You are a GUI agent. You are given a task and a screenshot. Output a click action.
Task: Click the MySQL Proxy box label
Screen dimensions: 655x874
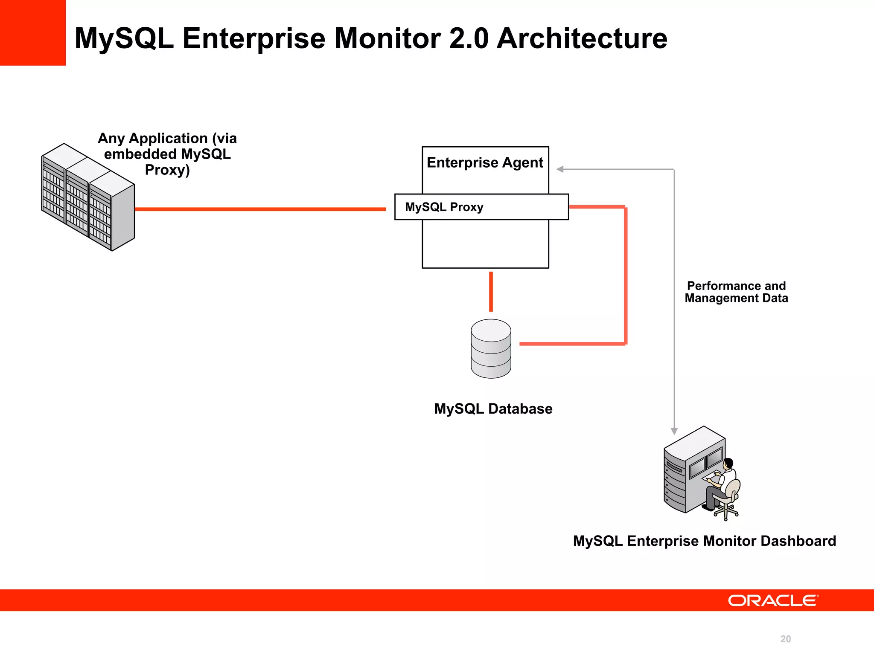point(444,207)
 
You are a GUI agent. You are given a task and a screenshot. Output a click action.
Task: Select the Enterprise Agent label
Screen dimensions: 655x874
point(485,162)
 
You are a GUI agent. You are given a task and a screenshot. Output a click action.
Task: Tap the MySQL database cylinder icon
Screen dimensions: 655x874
point(491,349)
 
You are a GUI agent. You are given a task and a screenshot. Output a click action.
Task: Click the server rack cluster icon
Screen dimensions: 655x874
point(88,197)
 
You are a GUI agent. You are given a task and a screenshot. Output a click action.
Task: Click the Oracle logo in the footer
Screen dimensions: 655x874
point(773,600)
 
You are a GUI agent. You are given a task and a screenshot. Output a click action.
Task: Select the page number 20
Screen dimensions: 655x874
point(785,639)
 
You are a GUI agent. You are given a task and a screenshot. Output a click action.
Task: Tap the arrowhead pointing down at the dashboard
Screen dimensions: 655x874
point(674,431)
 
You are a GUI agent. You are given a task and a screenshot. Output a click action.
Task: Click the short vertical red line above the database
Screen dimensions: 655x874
point(491,292)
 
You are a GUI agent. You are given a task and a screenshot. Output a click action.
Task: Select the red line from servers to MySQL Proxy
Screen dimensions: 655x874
point(260,209)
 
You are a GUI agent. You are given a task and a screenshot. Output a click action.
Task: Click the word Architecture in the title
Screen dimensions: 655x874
point(582,38)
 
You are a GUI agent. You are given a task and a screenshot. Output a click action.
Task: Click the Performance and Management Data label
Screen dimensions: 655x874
point(736,292)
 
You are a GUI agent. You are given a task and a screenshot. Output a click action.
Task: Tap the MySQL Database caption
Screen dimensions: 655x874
point(493,409)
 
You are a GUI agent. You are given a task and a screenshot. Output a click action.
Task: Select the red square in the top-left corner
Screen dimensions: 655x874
point(32,32)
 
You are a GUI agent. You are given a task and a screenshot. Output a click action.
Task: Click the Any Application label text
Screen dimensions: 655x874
point(167,154)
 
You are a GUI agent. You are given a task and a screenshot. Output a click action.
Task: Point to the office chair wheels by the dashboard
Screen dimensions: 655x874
point(726,513)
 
